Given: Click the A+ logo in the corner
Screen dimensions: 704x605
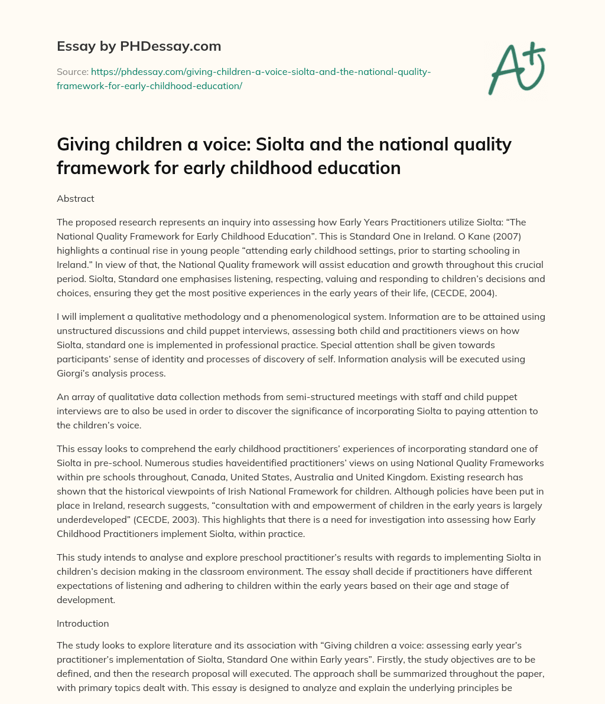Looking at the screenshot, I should pos(516,69).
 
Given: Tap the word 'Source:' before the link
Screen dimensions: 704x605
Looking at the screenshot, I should pos(72,71).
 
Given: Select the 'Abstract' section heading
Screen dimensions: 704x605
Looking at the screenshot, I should pos(75,199).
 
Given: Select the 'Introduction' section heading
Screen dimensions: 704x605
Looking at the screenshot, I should pos(83,623).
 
